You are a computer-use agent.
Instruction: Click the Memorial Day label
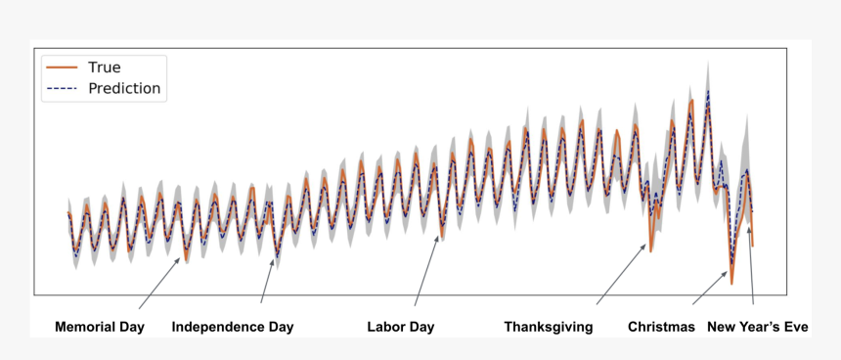pyautogui.click(x=100, y=327)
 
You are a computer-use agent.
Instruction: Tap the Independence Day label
pyautogui.click(x=233, y=327)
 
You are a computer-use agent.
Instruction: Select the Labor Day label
pyautogui.click(x=400, y=327)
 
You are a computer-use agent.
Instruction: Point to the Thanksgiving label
pyautogui.click(x=549, y=327)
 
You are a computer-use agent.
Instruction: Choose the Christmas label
pyautogui.click(x=661, y=327)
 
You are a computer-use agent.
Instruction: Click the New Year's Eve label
pyautogui.click(x=758, y=327)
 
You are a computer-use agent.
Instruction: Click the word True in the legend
pyautogui.click(x=105, y=67)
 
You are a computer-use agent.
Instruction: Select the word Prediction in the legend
pyautogui.click(x=124, y=88)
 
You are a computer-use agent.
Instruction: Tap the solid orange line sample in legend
pyautogui.click(x=63, y=67)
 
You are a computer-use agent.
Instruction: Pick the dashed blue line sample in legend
pyautogui.click(x=63, y=88)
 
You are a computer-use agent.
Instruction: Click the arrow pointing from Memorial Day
pyautogui.click(x=158, y=285)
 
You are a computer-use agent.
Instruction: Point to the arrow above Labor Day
pyautogui.click(x=426, y=274)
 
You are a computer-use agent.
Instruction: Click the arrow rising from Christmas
pyautogui.click(x=710, y=288)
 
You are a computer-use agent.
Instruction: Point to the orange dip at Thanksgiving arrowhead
pyautogui.click(x=650, y=247)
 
